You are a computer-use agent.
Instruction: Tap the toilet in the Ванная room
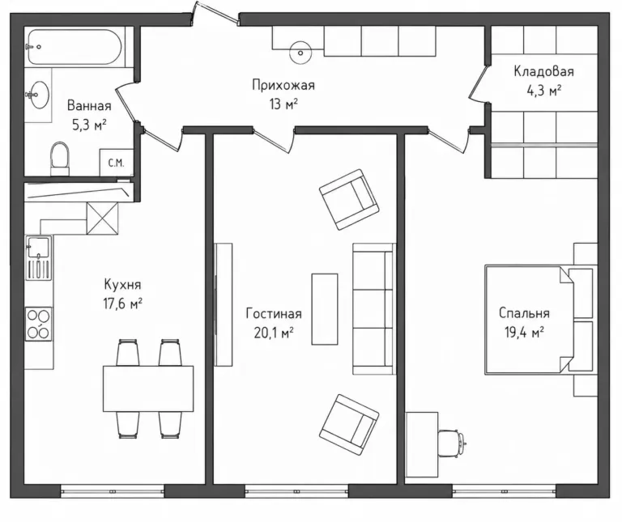(x=60, y=159)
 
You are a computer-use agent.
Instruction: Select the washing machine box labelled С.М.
(x=117, y=163)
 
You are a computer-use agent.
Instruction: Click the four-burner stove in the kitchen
(x=39, y=324)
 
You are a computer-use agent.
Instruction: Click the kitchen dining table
(x=148, y=388)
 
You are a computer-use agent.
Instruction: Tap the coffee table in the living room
(x=325, y=309)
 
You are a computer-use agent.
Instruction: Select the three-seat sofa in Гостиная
(x=374, y=309)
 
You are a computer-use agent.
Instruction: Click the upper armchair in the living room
(x=349, y=199)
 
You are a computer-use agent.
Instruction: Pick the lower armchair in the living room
(x=349, y=425)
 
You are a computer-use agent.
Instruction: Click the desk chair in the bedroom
(x=452, y=442)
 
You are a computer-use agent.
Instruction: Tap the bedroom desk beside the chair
(x=422, y=444)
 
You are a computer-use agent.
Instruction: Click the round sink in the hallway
(x=300, y=53)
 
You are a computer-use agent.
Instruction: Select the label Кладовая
(x=543, y=71)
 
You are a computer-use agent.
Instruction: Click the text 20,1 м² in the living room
(x=274, y=333)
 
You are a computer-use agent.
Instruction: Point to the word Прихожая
(x=283, y=85)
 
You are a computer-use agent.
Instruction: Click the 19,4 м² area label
(x=524, y=332)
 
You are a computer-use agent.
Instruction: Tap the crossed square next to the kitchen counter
(x=102, y=218)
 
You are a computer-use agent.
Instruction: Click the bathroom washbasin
(x=39, y=95)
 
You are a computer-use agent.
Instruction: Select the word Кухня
(x=122, y=284)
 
